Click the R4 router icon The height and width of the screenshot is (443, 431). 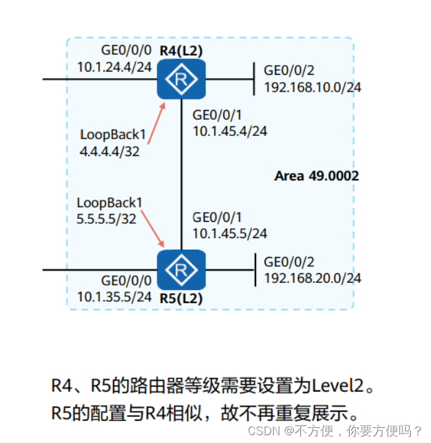click(x=181, y=79)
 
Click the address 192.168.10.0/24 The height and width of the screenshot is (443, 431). click(x=313, y=86)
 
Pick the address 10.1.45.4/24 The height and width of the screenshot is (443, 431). click(x=229, y=131)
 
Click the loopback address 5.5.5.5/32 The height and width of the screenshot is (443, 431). click(x=106, y=219)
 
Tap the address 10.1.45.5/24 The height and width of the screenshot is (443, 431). click(x=229, y=234)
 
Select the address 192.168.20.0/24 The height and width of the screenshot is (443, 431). click(x=313, y=278)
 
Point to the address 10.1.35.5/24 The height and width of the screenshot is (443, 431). click(x=114, y=297)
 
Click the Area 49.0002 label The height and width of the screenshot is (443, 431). click(x=317, y=176)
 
